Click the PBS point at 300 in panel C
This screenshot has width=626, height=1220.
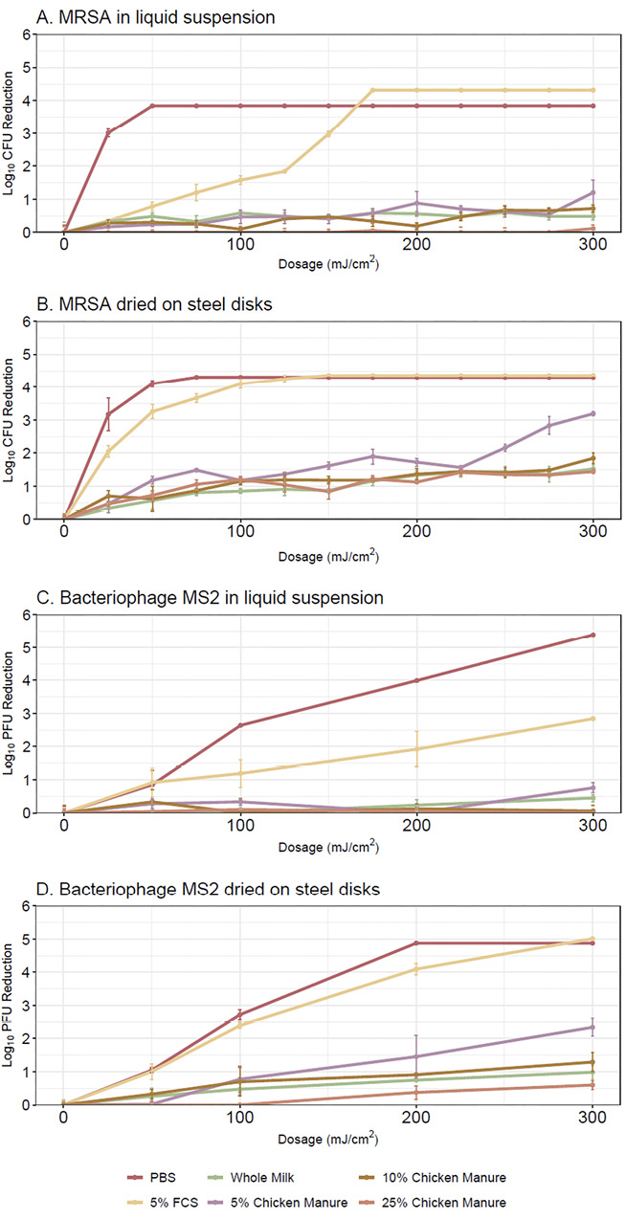(x=593, y=635)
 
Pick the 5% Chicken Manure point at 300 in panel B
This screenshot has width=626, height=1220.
(x=593, y=413)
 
